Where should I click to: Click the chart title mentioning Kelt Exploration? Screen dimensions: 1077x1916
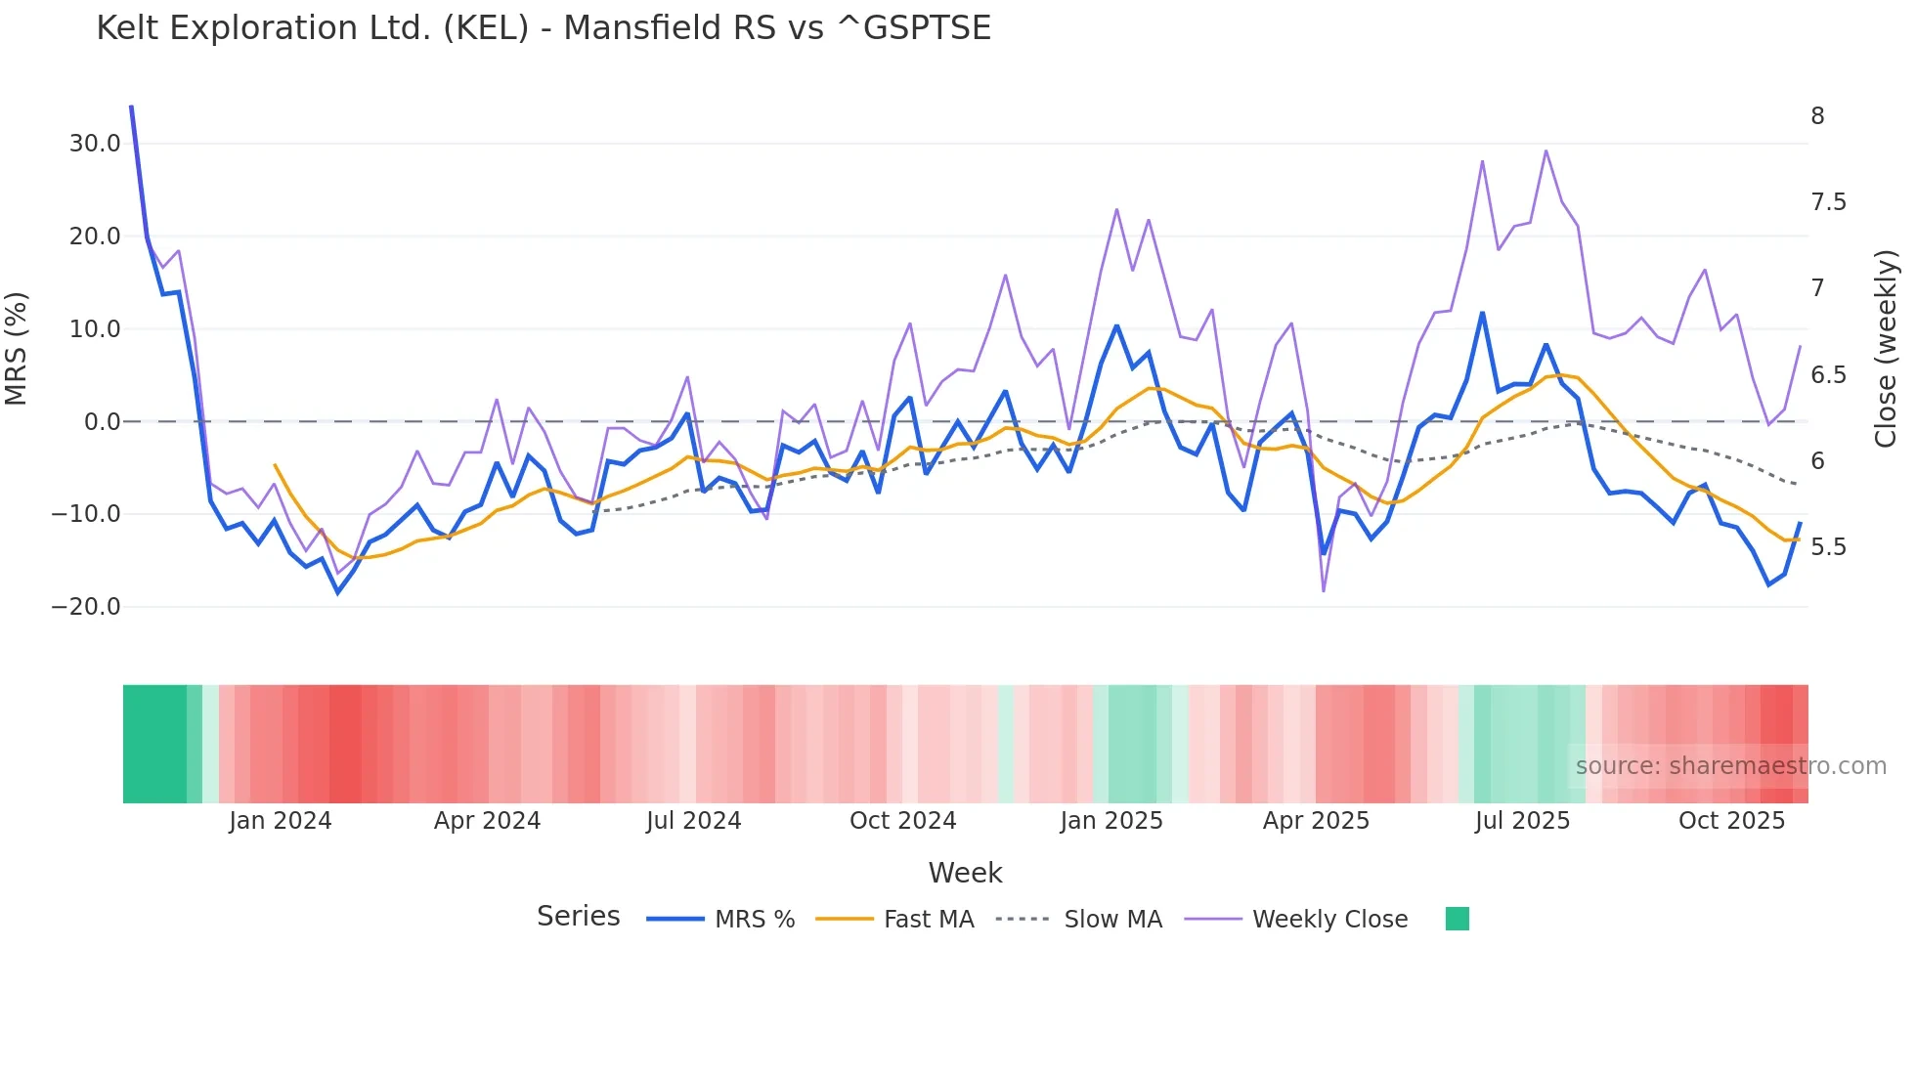tap(544, 28)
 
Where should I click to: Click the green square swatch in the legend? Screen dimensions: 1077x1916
tap(1457, 919)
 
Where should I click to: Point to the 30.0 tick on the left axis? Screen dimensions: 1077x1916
tap(95, 144)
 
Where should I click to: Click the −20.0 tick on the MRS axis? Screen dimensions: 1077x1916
tap(86, 607)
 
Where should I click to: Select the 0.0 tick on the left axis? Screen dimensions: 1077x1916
tap(102, 422)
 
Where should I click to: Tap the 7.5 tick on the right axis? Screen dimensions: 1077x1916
tap(1828, 202)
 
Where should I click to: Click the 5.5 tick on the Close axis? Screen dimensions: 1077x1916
tap(1828, 547)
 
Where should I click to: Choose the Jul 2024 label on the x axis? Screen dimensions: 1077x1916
tap(693, 821)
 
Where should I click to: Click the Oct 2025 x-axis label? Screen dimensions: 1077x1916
tap(1731, 821)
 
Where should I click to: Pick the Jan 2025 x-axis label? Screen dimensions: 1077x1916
tap(1111, 821)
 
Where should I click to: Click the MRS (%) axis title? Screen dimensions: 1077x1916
tap(17, 348)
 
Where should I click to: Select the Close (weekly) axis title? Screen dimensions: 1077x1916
tap(1886, 349)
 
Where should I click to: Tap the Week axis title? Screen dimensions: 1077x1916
tap(965, 873)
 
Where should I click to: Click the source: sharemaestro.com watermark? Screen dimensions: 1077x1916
tap(1730, 766)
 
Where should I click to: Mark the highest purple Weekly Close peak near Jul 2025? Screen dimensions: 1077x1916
tap(1546, 151)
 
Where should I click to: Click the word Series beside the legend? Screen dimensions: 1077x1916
tap(578, 917)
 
